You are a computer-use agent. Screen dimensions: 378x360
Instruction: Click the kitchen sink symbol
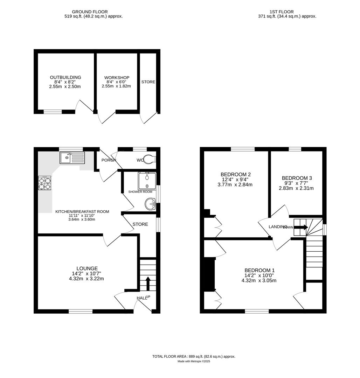point(72,158)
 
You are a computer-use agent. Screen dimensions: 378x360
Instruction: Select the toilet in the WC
point(150,159)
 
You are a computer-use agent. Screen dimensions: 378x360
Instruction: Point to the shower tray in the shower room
point(147,180)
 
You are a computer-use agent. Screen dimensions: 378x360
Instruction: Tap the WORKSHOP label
point(117,78)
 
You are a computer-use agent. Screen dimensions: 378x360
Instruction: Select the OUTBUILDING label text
point(65,77)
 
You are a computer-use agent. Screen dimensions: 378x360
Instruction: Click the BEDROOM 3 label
point(297,178)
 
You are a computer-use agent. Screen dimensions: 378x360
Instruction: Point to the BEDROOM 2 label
point(235,174)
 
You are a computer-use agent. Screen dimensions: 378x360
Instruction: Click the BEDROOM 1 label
point(259,270)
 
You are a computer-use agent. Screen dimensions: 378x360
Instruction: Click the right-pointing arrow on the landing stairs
point(301,227)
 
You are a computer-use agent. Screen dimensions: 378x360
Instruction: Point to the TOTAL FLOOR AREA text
point(194,356)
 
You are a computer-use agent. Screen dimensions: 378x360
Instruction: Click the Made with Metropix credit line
point(194,361)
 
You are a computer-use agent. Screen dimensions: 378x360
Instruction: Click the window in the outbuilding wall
point(53,112)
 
